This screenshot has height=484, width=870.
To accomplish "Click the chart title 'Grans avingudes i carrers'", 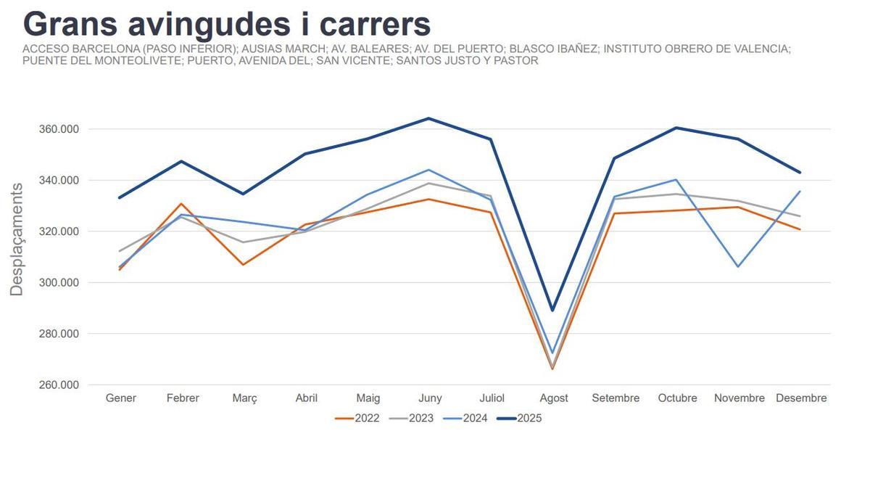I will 227,24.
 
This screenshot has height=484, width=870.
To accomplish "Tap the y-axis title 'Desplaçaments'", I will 17,239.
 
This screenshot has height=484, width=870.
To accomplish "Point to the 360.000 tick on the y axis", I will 58,129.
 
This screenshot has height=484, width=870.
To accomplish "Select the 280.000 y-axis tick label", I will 58,334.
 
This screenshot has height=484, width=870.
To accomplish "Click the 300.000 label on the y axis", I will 58,283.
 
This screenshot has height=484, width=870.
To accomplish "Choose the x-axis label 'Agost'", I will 554,398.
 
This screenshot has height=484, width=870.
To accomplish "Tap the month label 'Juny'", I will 430,398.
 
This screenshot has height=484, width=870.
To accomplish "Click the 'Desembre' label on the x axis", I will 801,398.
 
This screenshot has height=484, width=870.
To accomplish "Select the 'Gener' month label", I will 121,398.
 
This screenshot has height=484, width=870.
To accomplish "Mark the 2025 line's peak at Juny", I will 429,118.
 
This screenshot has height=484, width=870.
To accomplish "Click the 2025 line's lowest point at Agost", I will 553,311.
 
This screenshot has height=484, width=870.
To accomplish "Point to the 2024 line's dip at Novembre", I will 738,266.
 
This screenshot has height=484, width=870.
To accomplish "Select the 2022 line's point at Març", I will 244,264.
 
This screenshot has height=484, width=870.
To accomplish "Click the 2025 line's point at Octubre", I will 676,128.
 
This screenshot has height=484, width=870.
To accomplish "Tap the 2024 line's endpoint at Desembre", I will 800,192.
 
